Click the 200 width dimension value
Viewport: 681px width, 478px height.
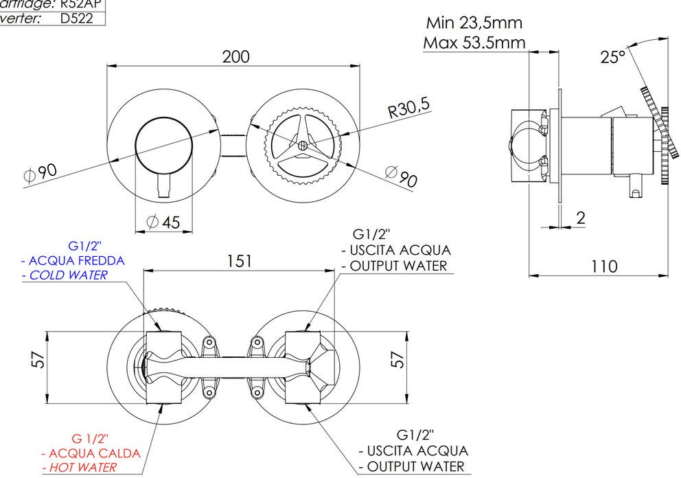click(x=235, y=56)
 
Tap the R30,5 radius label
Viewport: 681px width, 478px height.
click(x=409, y=108)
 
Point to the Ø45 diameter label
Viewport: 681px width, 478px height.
click(x=163, y=222)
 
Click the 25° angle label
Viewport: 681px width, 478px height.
click(x=613, y=57)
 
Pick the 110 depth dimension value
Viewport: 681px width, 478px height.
click(x=604, y=266)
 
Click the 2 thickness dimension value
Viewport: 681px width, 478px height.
click(x=581, y=218)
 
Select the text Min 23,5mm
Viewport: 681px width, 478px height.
click(x=474, y=22)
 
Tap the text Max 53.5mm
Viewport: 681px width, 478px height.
click(x=474, y=43)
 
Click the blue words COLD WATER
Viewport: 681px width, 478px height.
click(x=68, y=275)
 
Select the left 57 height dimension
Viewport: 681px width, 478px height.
click(x=39, y=359)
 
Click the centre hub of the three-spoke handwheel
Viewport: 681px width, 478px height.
click(x=303, y=146)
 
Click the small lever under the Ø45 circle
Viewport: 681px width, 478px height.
click(x=163, y=186)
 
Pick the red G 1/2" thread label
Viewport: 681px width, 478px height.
click(x=90, y=438)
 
